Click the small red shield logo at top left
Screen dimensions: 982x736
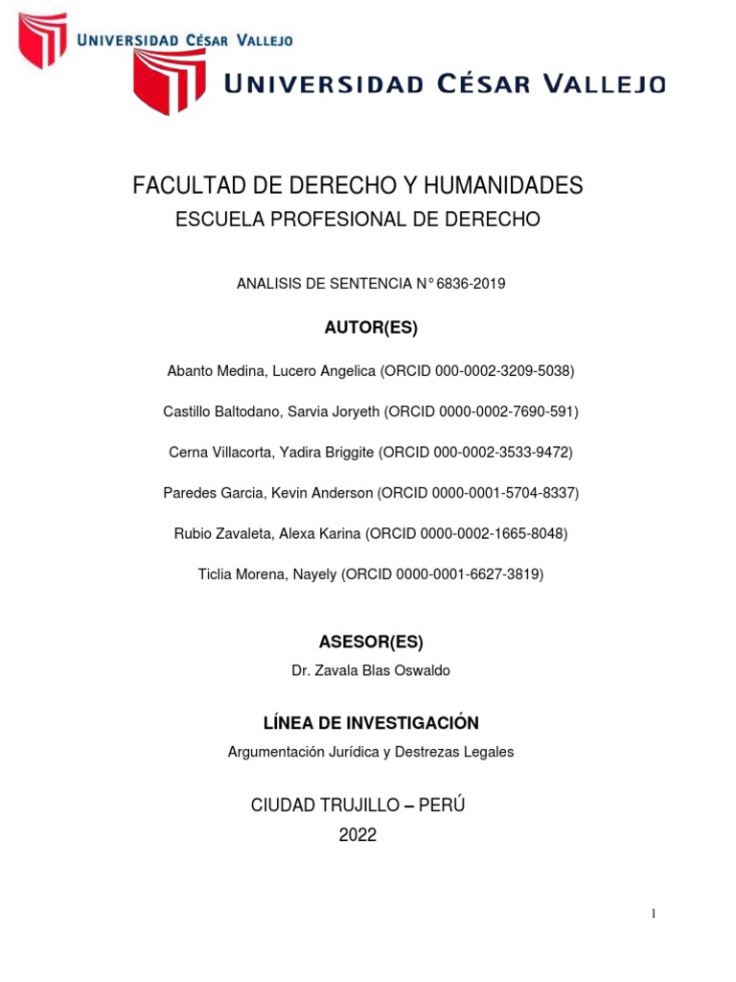43,39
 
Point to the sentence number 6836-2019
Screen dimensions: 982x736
471,284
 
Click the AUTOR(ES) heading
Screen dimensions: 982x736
371,328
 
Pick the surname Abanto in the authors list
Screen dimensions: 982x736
190,370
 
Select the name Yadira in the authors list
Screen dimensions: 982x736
287,452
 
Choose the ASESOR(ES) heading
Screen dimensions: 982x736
371,642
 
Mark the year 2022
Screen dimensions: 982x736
358,835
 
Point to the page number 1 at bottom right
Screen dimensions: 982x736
654,914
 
